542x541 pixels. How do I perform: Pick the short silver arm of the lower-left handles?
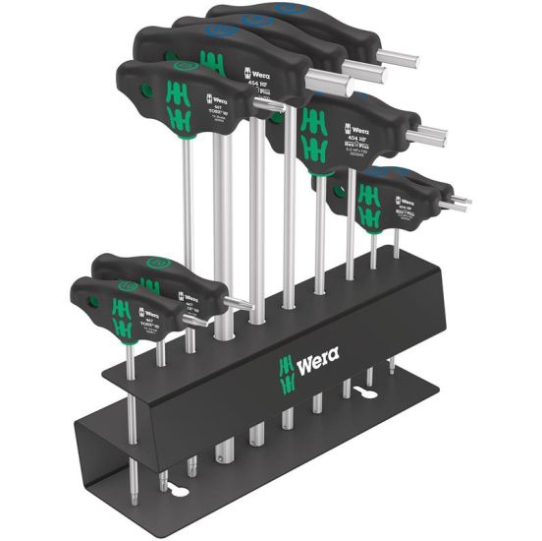(238, 305)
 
